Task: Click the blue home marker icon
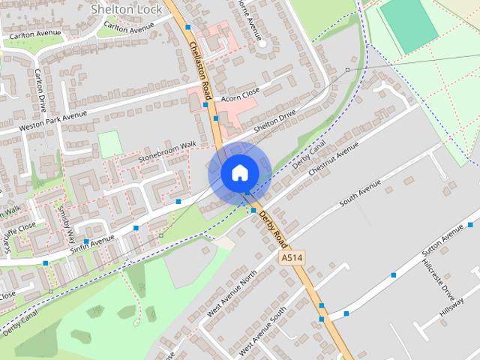coord(239,173)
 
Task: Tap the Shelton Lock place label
coord(121,9)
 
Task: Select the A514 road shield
coord(292,258)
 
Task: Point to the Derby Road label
coord(273,227)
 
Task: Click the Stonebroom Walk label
coord(166,150)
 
